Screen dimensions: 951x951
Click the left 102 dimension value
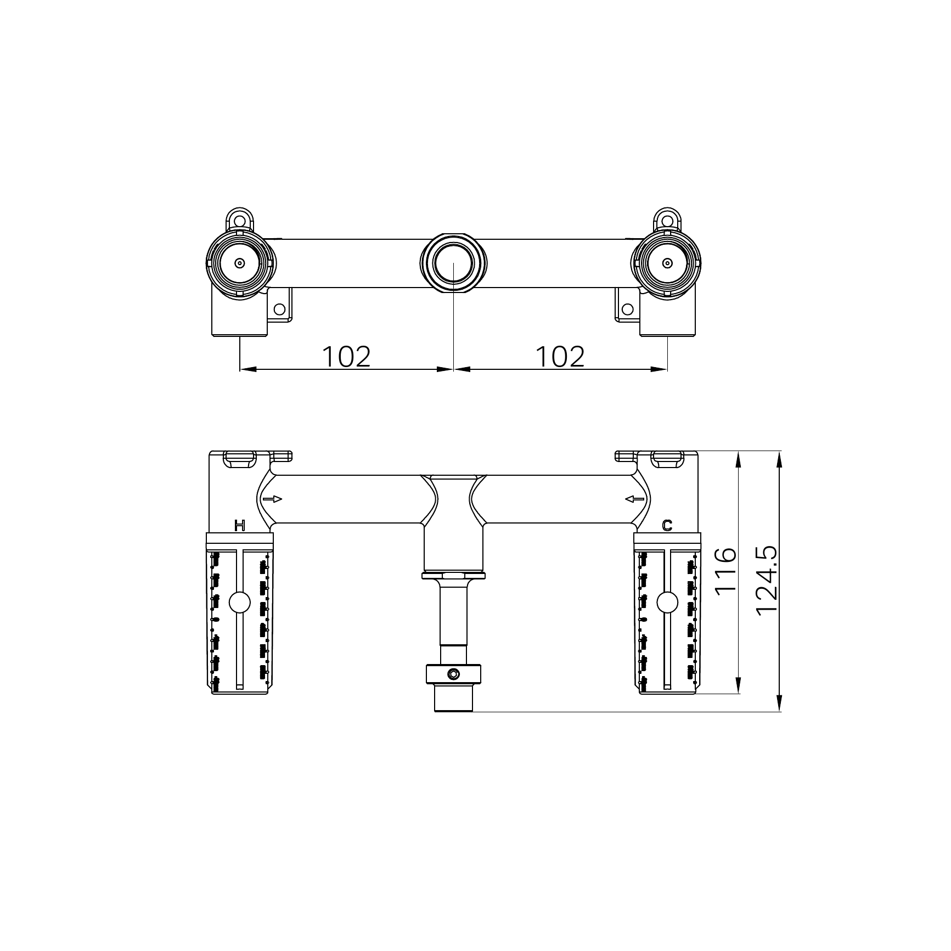tap(346, 357)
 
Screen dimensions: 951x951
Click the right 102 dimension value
tap(560, 357)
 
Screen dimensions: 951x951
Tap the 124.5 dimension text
tap(767, 581)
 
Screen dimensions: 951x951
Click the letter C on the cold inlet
tap(667, 526)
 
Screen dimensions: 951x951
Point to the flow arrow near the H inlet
tap(273, 499)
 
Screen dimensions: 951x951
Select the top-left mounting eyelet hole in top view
tap(239, 221)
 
